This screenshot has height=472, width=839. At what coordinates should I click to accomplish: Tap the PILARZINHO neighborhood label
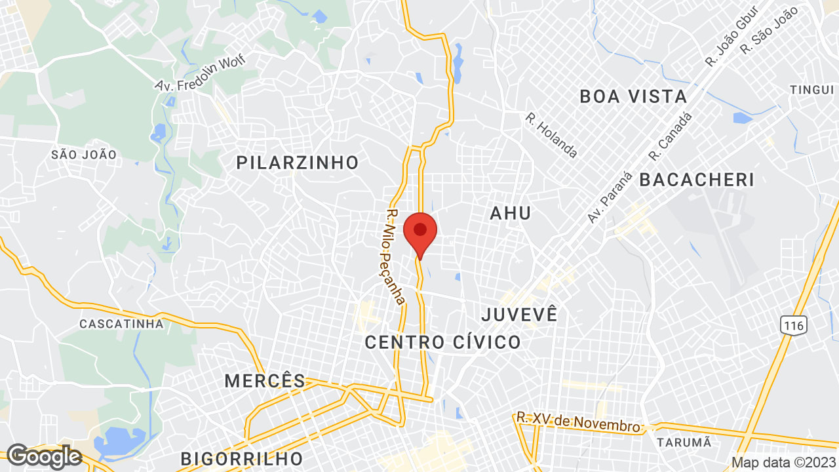298,163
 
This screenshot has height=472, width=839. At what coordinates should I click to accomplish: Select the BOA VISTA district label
633,97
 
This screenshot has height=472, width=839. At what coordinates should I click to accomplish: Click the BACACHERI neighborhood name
697,180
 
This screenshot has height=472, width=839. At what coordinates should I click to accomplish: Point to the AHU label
511,213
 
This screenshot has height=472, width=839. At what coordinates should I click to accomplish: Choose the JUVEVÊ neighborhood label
519,314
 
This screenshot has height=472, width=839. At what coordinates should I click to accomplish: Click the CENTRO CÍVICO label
442,342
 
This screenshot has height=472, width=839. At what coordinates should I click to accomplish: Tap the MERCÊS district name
265,381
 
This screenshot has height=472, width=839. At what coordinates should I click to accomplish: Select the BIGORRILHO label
242,458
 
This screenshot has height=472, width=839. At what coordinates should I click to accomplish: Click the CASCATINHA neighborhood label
121,324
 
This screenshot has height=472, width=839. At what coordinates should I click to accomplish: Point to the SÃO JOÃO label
84,155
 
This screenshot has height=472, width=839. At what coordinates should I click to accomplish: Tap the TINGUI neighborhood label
811,90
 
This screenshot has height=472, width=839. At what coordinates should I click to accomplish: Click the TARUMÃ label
684,442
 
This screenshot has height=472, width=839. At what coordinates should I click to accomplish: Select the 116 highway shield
792,324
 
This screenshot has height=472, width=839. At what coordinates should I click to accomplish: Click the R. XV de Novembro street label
578,422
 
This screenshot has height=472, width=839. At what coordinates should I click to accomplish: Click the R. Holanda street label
551,135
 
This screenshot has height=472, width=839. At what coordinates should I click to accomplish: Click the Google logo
43,456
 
